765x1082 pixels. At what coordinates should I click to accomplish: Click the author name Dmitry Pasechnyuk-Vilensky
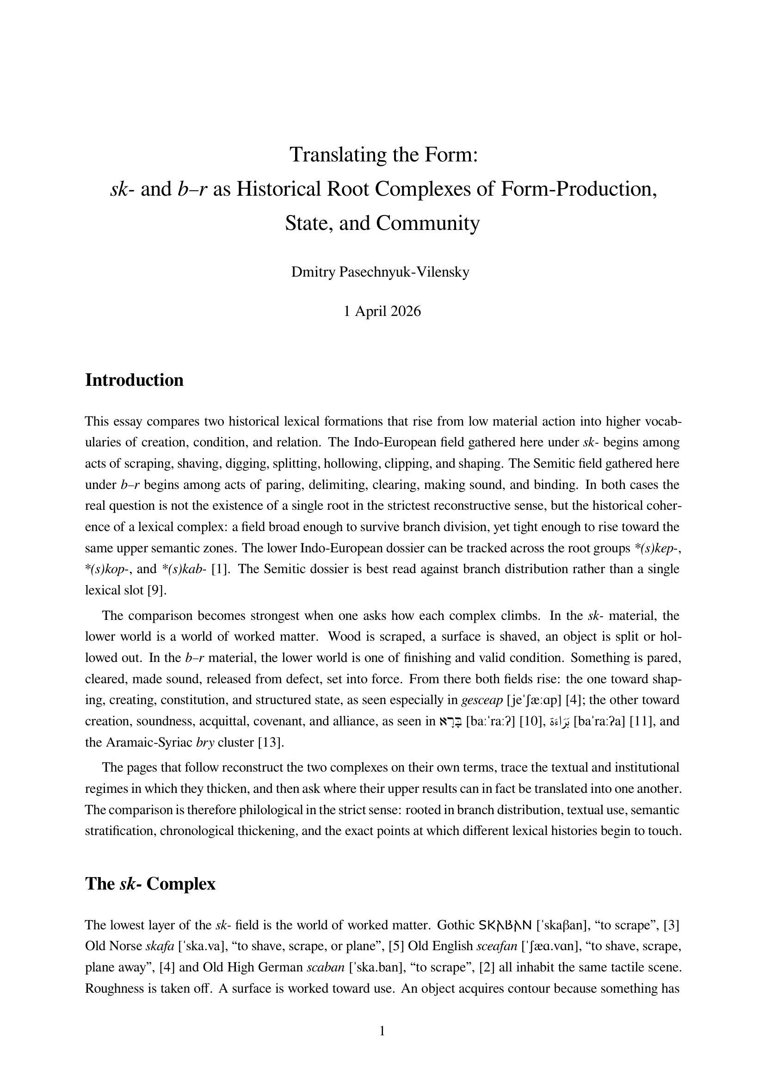[380, 272]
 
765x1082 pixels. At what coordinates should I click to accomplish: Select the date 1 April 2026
[382, 311]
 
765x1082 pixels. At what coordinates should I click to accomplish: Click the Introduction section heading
[134, 380]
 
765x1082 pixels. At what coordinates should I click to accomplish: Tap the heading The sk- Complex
[150, 884]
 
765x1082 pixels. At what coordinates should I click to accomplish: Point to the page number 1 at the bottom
[382, 1031]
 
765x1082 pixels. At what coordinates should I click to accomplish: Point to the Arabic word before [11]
[561, 722]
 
